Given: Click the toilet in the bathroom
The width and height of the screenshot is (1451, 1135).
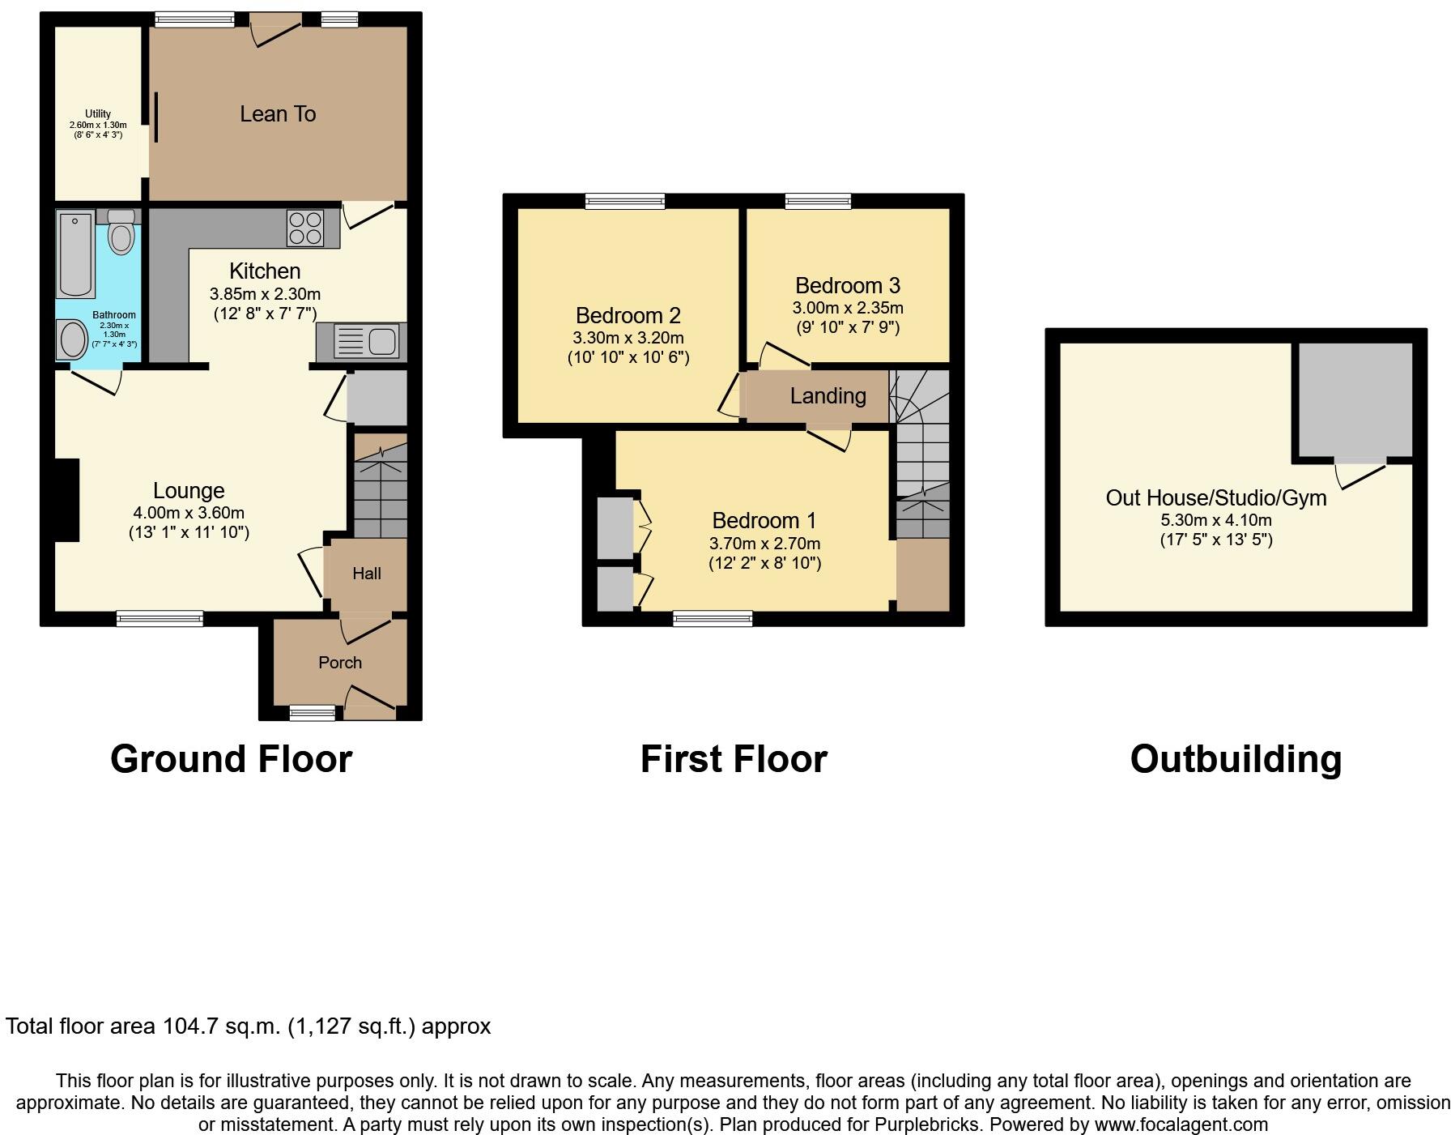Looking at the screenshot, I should click(121, 234).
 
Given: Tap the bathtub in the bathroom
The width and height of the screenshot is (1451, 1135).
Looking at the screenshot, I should click(76, 254).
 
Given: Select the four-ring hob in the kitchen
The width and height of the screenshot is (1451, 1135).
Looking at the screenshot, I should click(304, 228).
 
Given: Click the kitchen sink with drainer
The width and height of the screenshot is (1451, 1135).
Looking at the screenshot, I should click(366, 341).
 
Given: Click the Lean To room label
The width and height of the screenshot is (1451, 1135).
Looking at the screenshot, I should click(278, 114).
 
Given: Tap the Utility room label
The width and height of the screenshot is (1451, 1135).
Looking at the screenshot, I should click(98, 114).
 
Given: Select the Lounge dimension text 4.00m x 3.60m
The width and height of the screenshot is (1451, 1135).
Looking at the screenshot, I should click(189, 513).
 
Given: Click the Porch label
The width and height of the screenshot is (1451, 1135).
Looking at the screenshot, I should click(340, 663).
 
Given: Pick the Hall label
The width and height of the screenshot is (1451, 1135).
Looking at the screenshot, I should click(366, 574).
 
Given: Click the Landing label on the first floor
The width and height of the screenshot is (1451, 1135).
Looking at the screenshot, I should click(828, 396).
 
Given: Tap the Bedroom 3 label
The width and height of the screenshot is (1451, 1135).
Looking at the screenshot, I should click(847, 285).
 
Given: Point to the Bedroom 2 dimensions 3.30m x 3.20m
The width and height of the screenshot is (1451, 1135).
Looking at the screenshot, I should click(628, 338).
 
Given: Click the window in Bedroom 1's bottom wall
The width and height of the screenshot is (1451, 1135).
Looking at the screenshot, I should click(713, 619).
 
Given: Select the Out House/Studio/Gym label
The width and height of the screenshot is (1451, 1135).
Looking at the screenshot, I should click(1215, 497).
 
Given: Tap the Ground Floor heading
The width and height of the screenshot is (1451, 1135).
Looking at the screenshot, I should click(231, 760).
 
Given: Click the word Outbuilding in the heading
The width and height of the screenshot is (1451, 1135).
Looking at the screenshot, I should click(1236, 760).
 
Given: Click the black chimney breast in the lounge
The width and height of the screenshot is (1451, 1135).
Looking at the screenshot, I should click(67, 499).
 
